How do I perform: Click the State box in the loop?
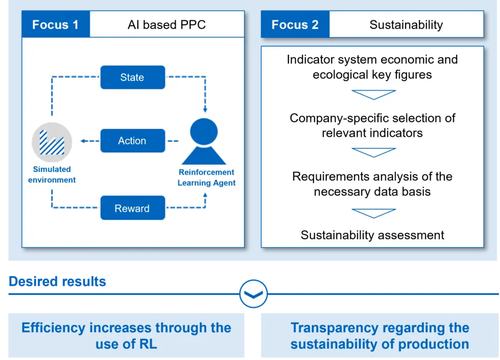(132, 77)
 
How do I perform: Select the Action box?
(132, 141)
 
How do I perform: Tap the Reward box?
(132, 208)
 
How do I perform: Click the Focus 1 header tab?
(55, 25)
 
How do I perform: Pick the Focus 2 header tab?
(295, 25)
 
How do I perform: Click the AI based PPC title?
(167, 25)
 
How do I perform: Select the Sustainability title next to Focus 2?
(406, 25)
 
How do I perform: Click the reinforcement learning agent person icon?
(204, 142)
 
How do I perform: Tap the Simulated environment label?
(52, 175)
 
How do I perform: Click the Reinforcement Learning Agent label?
(206, 177)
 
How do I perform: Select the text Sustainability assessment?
(372, 235)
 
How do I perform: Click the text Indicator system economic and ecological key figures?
(372, 67)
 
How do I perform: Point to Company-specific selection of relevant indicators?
(372, 125)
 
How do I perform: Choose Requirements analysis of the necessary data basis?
(372, 184)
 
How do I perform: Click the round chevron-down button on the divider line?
(253, 294)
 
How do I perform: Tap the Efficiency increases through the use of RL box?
(126, 335)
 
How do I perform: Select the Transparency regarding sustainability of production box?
(380, 335)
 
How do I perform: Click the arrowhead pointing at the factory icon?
(83, 141)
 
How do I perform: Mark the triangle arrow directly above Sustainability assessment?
(373, 213)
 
